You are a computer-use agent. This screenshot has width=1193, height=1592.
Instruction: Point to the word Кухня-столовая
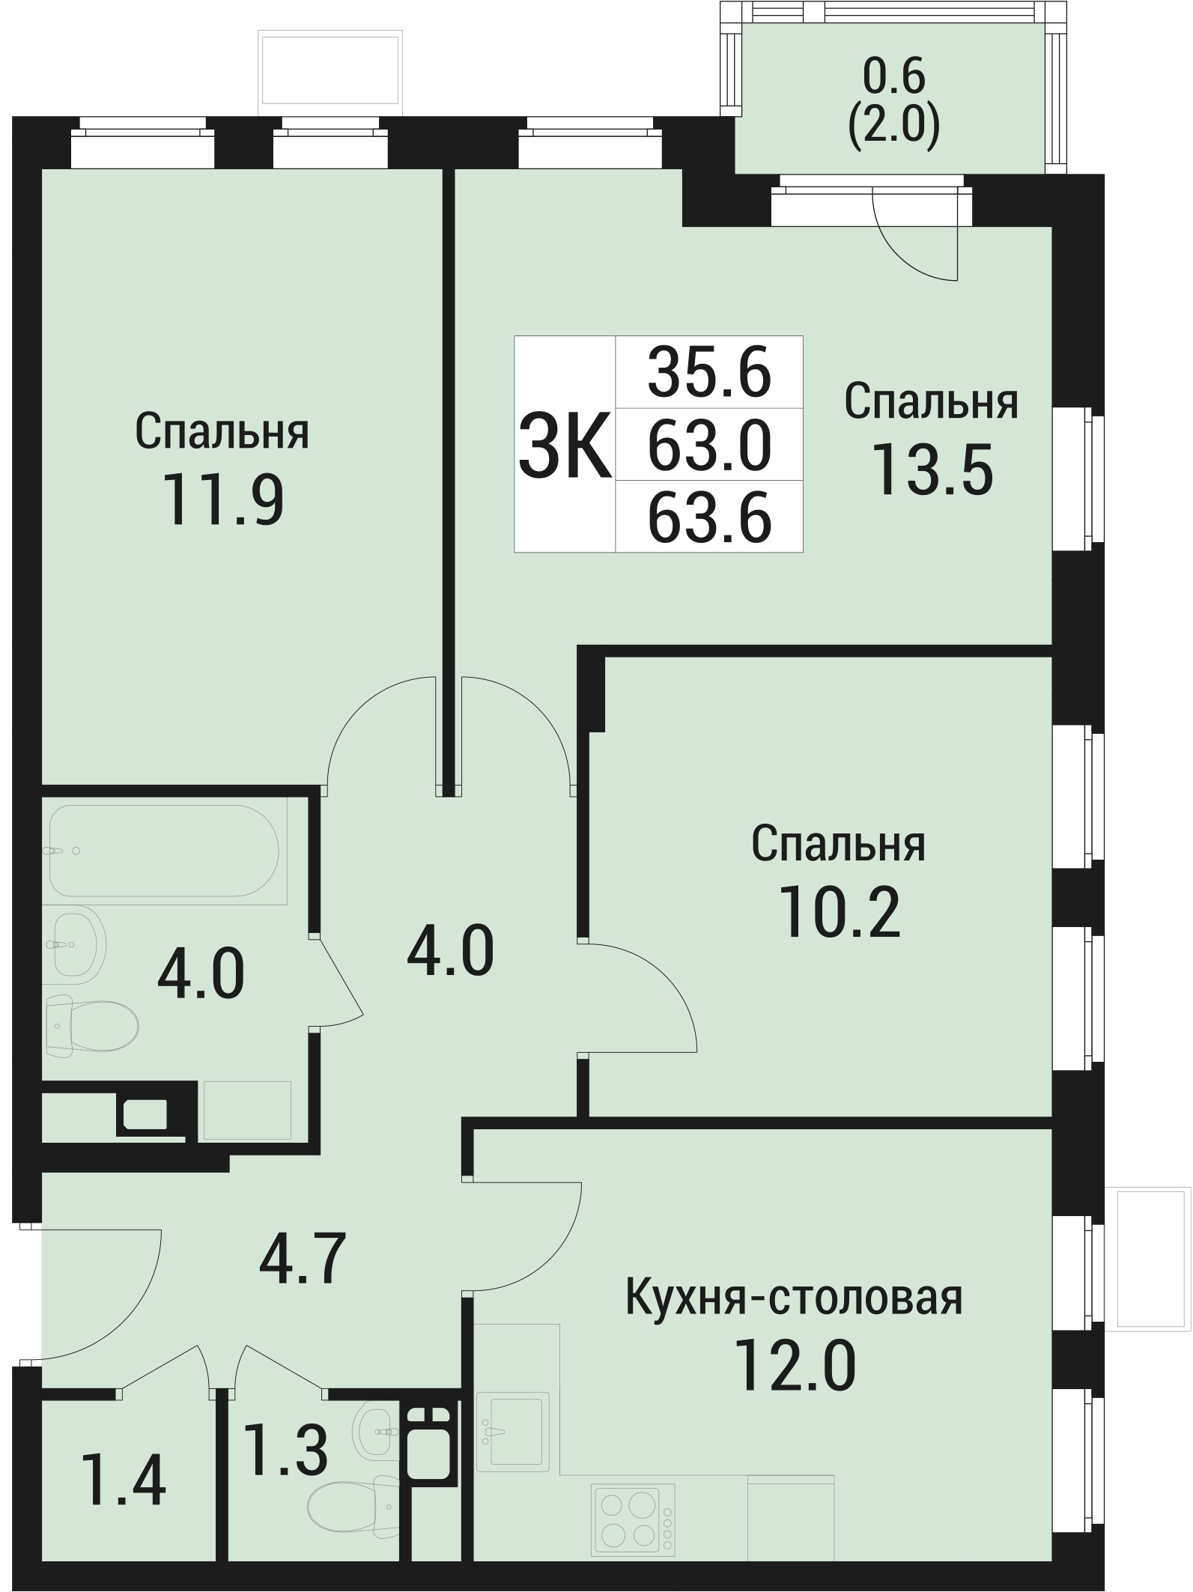(x=794, y=1298)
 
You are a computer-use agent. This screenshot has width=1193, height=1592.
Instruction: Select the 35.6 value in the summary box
(x=709, y=372)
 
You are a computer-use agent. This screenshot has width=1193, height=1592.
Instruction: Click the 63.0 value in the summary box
(x=709, y=445)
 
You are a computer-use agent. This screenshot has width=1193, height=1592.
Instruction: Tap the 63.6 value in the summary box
(x=709, y=517)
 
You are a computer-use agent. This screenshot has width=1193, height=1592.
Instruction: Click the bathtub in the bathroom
(x=164, y=851)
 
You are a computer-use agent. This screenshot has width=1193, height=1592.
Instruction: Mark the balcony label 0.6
(x=894, y=75)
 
